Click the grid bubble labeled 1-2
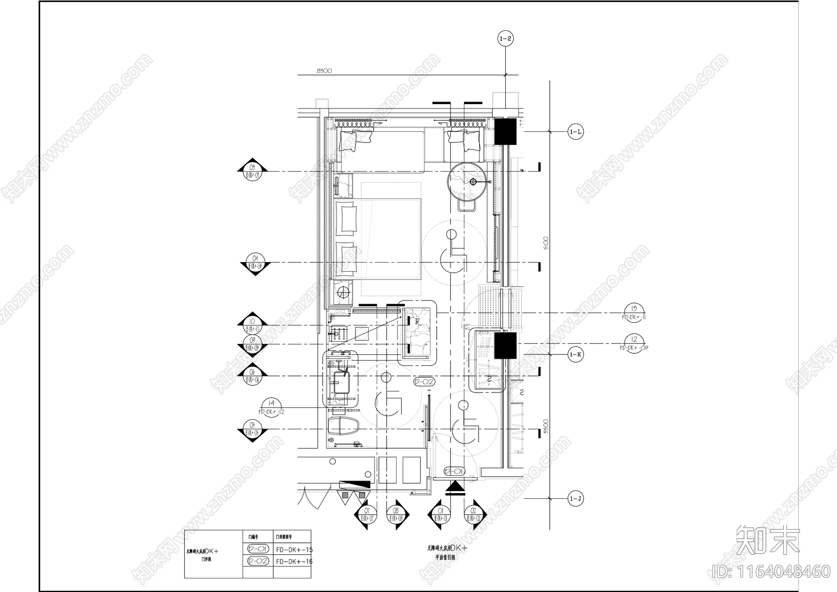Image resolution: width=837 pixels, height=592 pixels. [x=506, y=38]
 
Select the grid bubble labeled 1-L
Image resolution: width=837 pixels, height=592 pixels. [x=575, y=132]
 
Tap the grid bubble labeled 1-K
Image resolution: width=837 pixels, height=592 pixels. [x=575, y=354]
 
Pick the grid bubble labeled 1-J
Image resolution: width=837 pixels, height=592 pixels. [x=575, y=499]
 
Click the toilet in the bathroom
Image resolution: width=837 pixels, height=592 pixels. [x=343, y=425]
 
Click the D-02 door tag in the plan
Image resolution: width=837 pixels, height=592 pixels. [x=424, y=382]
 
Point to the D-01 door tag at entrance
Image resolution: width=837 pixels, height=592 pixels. [x=454, y=472]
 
